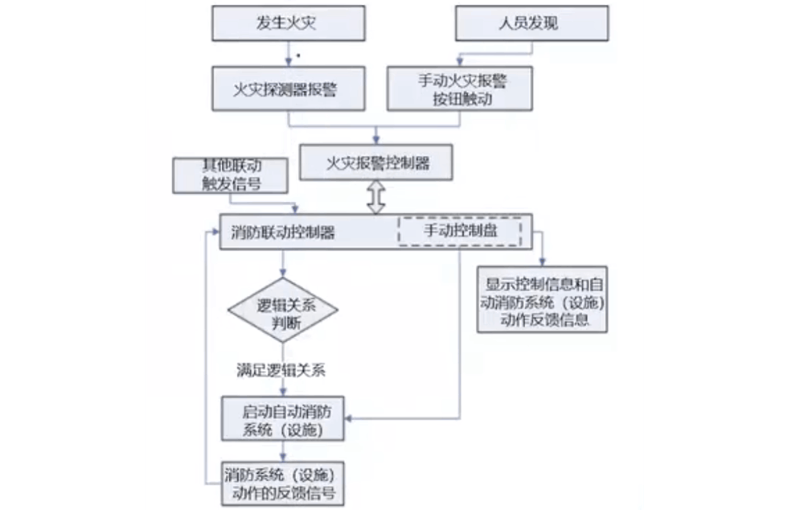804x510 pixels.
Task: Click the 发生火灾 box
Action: coord(287,23)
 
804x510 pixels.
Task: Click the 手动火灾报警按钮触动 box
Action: coord(460,88)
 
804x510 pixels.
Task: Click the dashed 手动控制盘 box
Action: coord(460,231)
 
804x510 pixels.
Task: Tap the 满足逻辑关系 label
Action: coord(280,371)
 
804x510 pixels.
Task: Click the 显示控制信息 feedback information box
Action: coord(543,299)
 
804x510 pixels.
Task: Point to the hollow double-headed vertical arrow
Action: coord(376,196)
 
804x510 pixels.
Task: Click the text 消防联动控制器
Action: coord(283,232)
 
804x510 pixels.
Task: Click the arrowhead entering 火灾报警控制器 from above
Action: coord(376,139)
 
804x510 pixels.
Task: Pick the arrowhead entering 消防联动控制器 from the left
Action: coord(215,232)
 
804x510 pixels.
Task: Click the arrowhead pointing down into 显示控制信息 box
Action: coord(543,263)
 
